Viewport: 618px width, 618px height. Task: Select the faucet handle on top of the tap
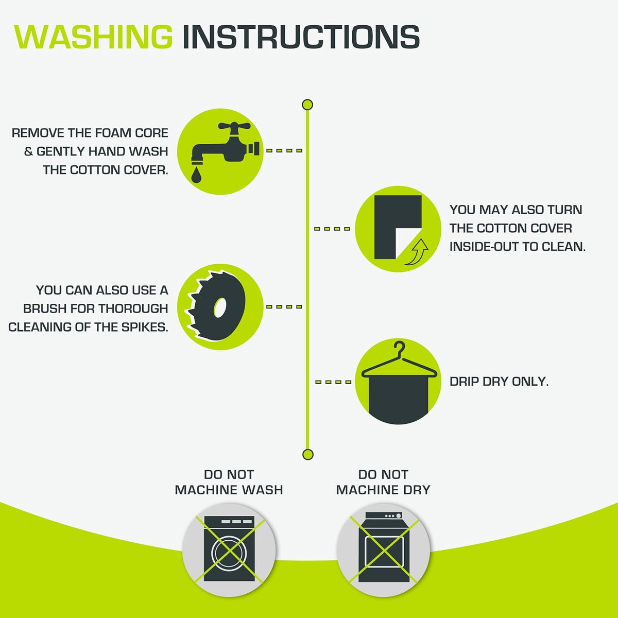coord(234,126)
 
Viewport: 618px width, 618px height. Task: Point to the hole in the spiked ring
coord(220,307)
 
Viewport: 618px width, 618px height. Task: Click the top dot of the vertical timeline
coord(307,105)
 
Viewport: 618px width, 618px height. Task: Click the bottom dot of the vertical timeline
coord(307,454)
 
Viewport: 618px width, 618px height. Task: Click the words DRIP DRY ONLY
coord(499,382)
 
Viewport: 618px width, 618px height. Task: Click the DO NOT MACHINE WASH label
coord(229,483)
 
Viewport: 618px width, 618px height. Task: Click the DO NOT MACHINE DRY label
coord(383,483)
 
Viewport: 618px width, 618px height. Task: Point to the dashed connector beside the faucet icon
coord(284,150)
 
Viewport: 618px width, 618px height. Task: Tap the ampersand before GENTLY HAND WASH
coord(28,151)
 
